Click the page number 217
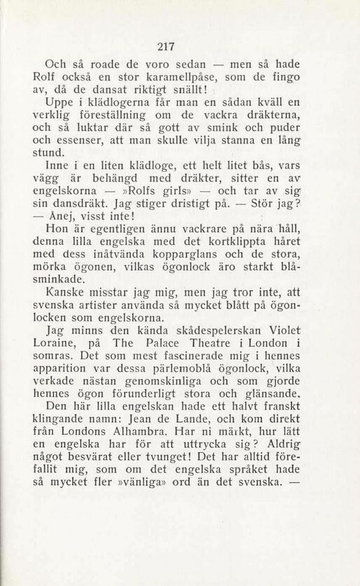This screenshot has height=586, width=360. pyautogui.click(x=165, y=47)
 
